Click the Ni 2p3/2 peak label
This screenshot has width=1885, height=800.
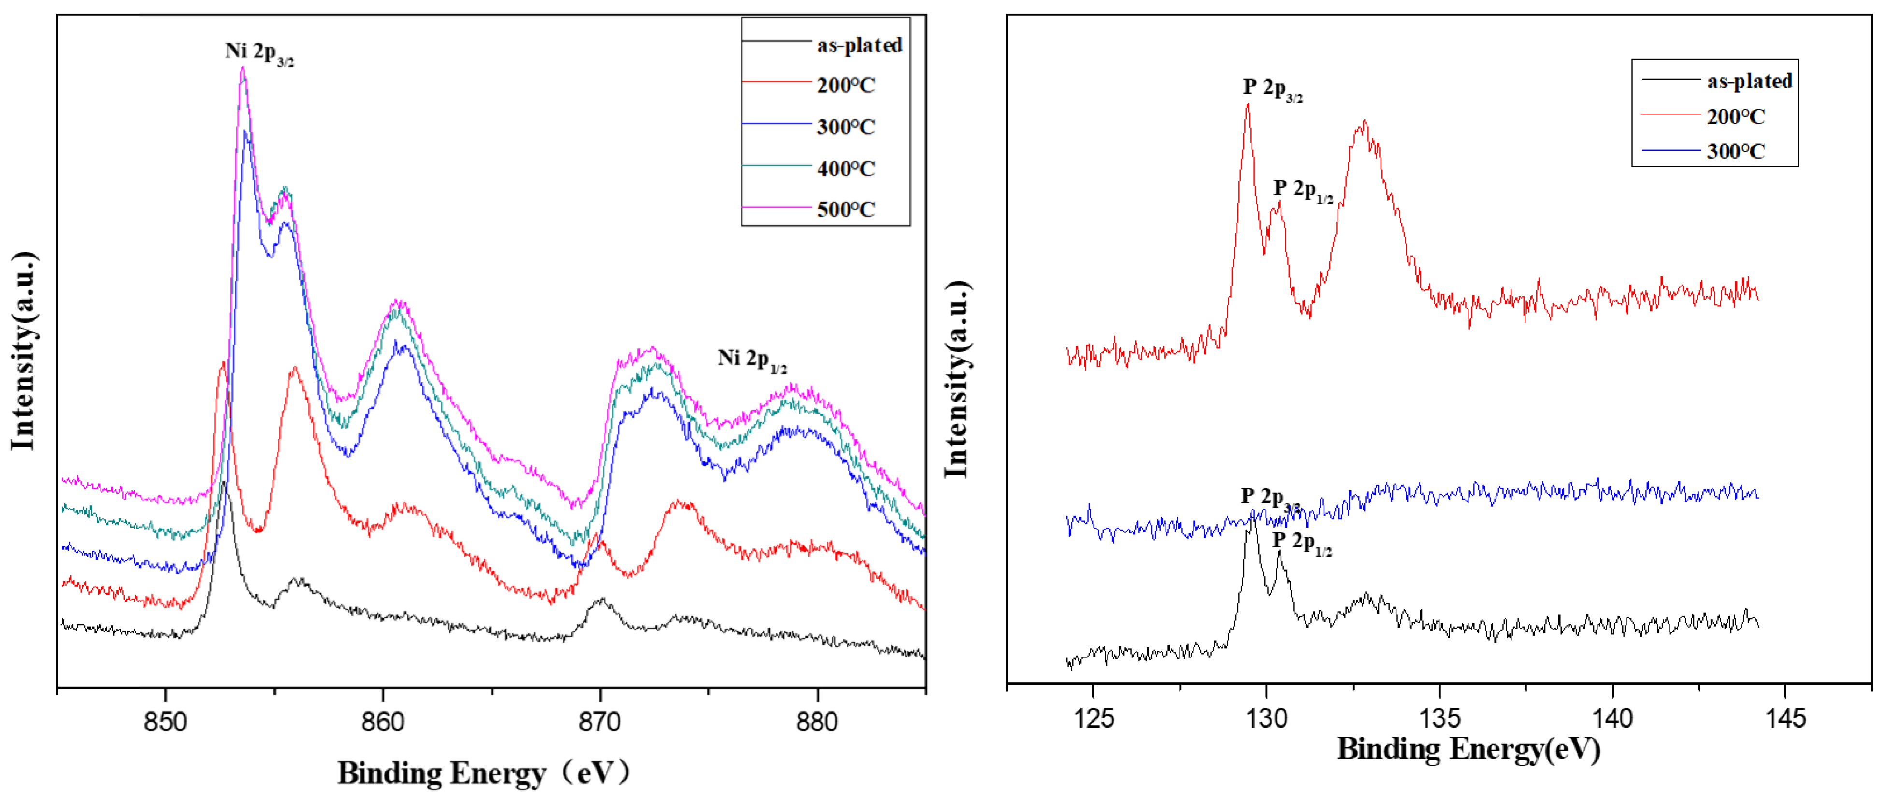click(259, 53)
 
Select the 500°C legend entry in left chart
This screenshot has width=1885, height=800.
click(845, 210)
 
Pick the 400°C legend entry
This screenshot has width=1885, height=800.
click(845, 169)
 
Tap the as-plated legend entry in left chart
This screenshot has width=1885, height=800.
click(858, 45)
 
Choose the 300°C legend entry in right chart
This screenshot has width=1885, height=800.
click(1735, 151)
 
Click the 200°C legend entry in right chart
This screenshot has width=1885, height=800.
click(1735, 116)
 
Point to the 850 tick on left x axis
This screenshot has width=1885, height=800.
click(165, 722)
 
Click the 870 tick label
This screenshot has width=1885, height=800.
click(599, 722)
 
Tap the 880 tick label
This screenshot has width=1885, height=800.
click(817, 722)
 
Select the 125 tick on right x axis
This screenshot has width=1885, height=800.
click(1093, 718)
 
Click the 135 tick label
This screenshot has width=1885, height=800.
click(1439, 718)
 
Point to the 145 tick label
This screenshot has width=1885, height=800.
click(1785, 718)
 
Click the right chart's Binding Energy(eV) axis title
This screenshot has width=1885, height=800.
click(1468, 749)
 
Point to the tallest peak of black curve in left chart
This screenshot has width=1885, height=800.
click(223, 484)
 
